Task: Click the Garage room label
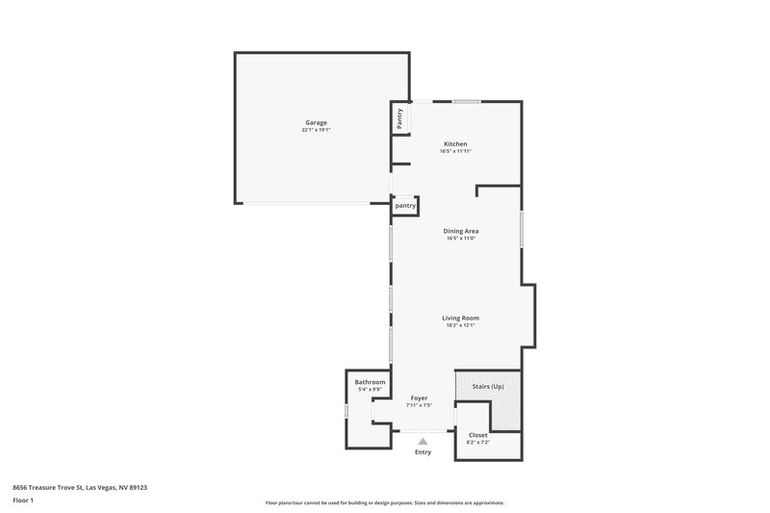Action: pos(317,122)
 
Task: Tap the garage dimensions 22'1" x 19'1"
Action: pos(317,130)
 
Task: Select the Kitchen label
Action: pos(455,143)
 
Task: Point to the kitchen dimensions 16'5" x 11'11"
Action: pos(455,151)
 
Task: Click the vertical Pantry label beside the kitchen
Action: pos(399,118)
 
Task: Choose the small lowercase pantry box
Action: pos(405,205)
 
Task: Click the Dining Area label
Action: pos(461,230)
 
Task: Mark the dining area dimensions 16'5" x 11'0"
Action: pos(461,238)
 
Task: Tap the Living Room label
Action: pos(460,318)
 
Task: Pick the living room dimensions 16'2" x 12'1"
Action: pos(460,325)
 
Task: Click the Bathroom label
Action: pos(370,382)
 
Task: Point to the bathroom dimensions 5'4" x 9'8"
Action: pos(371,390)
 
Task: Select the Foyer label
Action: pos(419,398)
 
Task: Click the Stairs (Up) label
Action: pos(488,386)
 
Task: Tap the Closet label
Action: pos(477,434)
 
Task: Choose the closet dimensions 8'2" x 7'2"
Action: pos(477,442)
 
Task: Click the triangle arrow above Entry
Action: pos(423,441)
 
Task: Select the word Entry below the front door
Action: pos(423,452)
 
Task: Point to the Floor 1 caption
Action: pos(23,501)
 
